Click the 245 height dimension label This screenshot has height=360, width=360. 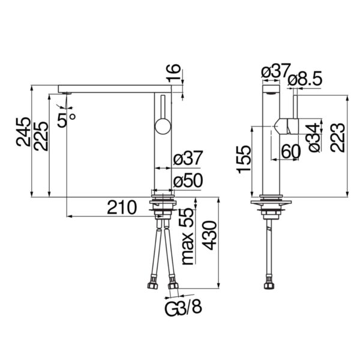[x=23, y=132]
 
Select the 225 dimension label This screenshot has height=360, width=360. [x=41, y=136]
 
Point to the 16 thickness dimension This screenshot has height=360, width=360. [x=173, y=73]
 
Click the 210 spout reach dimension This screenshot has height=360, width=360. [x=122, y=207]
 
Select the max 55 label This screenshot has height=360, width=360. [x=187, y=237]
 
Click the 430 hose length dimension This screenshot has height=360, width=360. [x=211, y=235]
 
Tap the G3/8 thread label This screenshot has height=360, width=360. [x=183, y=308]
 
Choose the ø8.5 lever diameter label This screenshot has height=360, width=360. [x=305, y=79]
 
